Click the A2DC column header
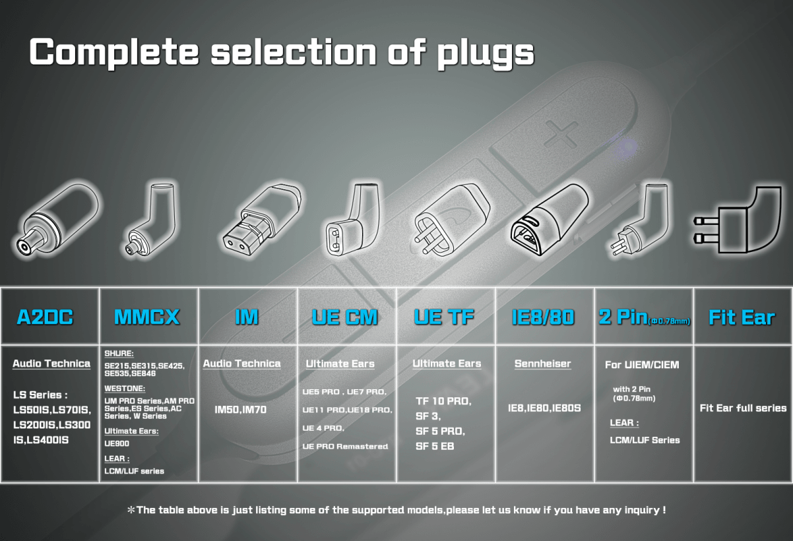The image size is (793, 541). [x=45, y=317]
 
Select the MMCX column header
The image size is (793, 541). [x=146, y=317]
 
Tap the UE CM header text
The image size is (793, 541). [x=344, y=317]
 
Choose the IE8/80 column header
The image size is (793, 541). [x=543, y=317]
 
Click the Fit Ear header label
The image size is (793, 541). [x=742, y=317]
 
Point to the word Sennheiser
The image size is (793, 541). [x=543, y=364]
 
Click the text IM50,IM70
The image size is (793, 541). [x=240, y=410]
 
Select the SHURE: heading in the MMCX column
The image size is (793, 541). [x=119, y=354]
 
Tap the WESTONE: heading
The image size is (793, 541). [x=125, y=389]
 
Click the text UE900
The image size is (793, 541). [x=117, y=443]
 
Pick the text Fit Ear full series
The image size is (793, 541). [x=743, y=408]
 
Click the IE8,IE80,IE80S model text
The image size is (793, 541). [x=544, y=408]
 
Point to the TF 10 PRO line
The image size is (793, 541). [x=443, y=401]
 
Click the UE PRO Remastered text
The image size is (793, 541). [x=345, y=447]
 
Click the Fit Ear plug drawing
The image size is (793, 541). [x=738, y=220]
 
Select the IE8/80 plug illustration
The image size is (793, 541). [x=550, y=220]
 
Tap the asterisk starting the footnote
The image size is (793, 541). [x=131, y=510]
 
